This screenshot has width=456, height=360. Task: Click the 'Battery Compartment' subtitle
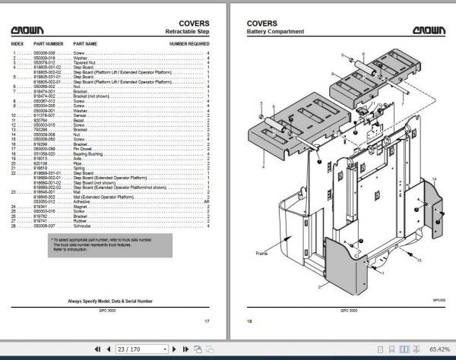[276, 32]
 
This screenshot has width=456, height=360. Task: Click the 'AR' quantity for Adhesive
[207, 201]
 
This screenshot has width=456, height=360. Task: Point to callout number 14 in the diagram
[434, 178]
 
